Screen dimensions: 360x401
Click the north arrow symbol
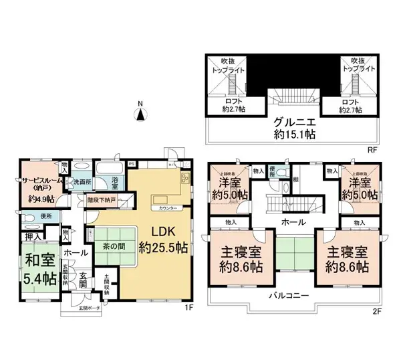[140, 113]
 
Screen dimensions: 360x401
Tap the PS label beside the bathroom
[132, 163]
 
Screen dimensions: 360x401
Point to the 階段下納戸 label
[102, 199]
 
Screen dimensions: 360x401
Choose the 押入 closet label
[31, 236]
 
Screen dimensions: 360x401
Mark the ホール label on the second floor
[293, 222]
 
